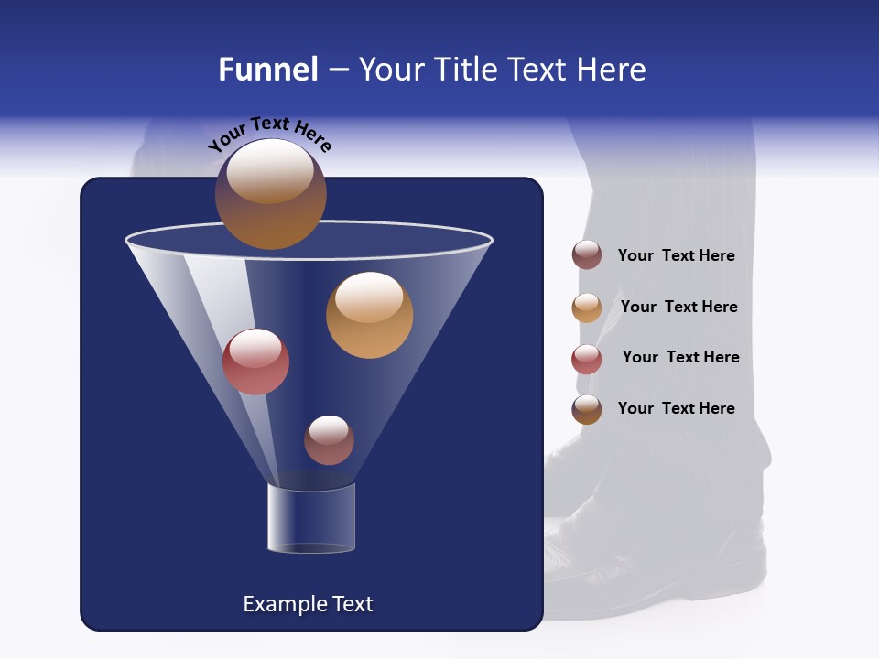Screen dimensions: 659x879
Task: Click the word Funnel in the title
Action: [x=267, y=70]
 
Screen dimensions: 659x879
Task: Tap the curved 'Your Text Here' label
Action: [x=270, y=135]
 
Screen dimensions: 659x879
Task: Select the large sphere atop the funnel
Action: [x=271, y=194]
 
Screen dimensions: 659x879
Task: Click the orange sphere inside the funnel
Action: [x=369, y=315]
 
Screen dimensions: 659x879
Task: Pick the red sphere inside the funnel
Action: [x=255, y=362]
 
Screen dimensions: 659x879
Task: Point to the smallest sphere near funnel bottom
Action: [x=329, y=439]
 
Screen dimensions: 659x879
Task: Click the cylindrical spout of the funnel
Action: [x=311, y=518]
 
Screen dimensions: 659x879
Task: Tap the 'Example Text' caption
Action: [x=308, y=604]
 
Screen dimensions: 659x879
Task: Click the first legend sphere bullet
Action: [x=587, y=255]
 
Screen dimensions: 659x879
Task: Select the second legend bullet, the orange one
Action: [x=587, y=308]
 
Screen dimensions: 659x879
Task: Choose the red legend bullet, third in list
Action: [x=587, y=359]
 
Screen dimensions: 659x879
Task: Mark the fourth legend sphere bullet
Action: [x=587, y=409]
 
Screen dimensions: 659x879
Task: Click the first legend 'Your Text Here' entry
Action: [x=676, y=256]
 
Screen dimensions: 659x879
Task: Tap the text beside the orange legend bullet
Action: [x=678, y=308]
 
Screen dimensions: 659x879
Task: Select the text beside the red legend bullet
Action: [x=680, y=358]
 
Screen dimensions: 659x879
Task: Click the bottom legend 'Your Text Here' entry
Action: [x=676, y=408]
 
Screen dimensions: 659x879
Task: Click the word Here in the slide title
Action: [x=612, y=70]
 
